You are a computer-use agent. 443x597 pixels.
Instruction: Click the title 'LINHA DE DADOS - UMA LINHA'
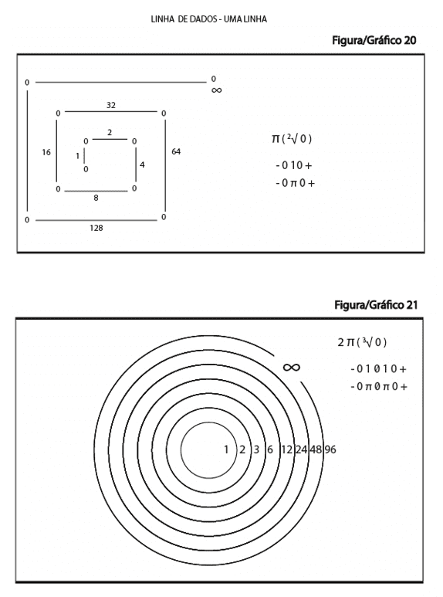(209, 19)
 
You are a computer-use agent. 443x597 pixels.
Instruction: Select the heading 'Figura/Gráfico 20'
(374, 40)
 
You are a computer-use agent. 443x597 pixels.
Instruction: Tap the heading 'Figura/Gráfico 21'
(376, 305)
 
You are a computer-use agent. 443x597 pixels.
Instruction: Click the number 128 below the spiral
(96, 228)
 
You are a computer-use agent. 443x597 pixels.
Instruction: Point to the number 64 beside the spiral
(176, 151)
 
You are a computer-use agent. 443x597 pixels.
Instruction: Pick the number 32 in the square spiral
(111, 105)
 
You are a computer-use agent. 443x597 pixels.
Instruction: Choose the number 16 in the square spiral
(46, 152)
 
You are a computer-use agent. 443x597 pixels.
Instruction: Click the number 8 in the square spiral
(96, 198)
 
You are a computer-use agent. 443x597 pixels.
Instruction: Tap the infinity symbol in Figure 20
(216, 90)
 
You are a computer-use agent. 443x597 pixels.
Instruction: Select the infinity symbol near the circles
(292, 367)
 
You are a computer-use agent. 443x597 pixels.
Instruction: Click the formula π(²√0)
(292, 138)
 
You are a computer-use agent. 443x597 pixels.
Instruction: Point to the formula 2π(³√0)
(362, 342)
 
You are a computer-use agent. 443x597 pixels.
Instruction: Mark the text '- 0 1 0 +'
(294, 165)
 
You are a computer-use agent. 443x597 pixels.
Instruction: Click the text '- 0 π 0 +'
(296, 183)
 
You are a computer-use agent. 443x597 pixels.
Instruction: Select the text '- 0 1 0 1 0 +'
(379, 368)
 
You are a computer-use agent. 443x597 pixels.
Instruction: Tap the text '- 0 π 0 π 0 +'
(379, 386)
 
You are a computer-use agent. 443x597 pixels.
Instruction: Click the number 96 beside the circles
(330, 449)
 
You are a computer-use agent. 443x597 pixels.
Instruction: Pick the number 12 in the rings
(286, 449)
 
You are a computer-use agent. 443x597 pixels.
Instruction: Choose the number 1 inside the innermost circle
(226, 449)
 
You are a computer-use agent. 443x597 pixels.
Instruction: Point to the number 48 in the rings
(316, 449)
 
